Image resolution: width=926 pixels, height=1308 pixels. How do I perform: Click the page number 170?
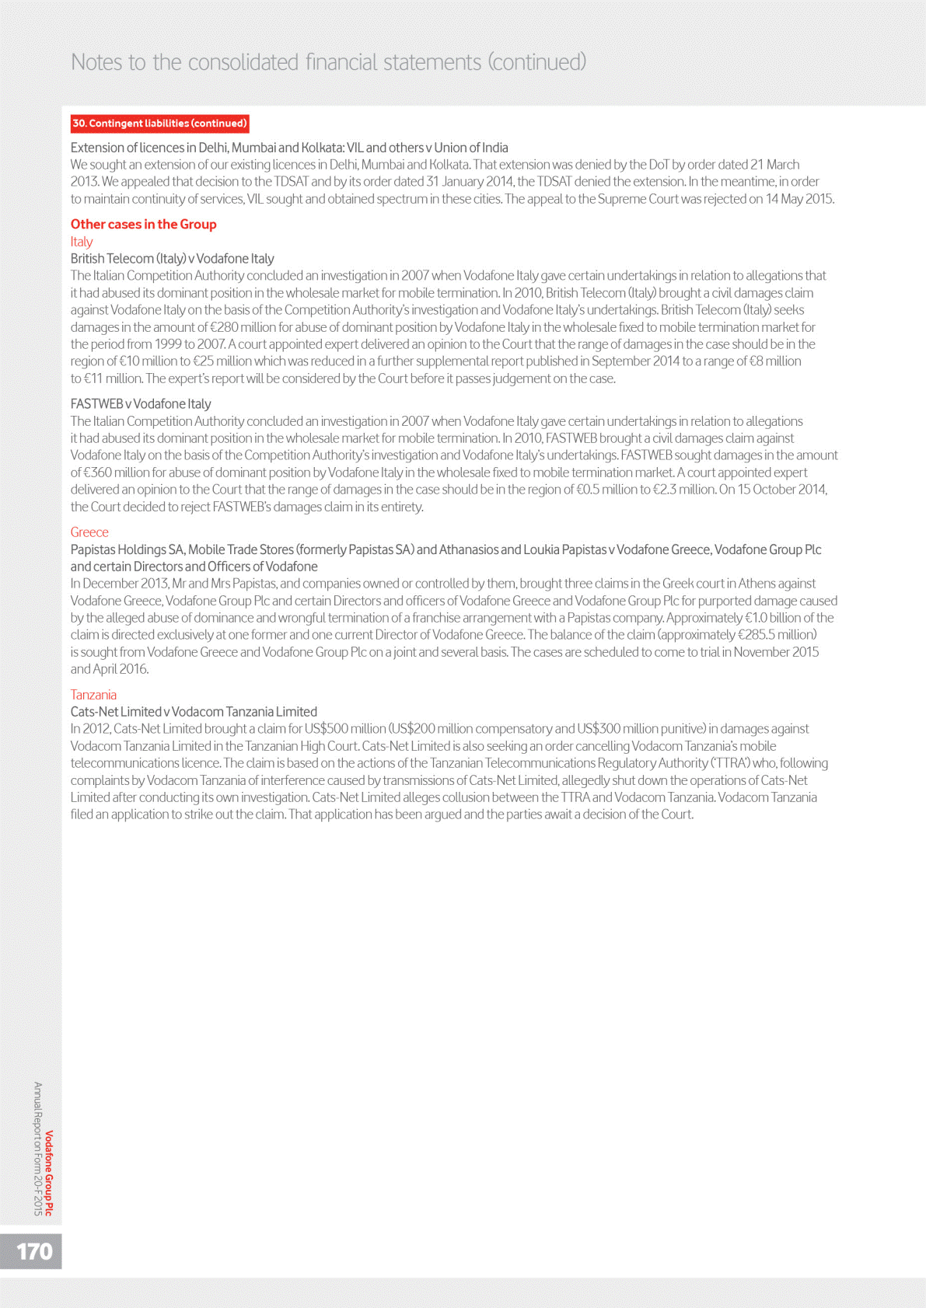pos(34,1251)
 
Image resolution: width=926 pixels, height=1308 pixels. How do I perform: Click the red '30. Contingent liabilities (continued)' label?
pos(159,124)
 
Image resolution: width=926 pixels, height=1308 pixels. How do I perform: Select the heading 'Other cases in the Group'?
pos(144,225)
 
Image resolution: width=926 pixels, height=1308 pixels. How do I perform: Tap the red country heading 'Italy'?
pos(82,242)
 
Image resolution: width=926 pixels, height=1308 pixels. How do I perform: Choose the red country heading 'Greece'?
pos(89,532)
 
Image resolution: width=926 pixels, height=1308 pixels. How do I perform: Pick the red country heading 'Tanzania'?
pos(93,695)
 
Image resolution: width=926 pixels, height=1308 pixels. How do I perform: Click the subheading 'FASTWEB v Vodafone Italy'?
pos(141,404)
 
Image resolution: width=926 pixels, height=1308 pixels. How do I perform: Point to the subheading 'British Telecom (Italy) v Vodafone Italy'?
pos(172,259)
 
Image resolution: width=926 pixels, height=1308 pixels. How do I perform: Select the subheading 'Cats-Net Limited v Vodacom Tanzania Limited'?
pos(194,712)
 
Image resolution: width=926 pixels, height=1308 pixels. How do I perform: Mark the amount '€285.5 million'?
pos(776,635)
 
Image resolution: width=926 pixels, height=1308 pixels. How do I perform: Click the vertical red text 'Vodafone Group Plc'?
pos(49,1173)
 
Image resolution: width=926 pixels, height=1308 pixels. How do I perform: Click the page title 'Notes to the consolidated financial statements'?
pos(276,62)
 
